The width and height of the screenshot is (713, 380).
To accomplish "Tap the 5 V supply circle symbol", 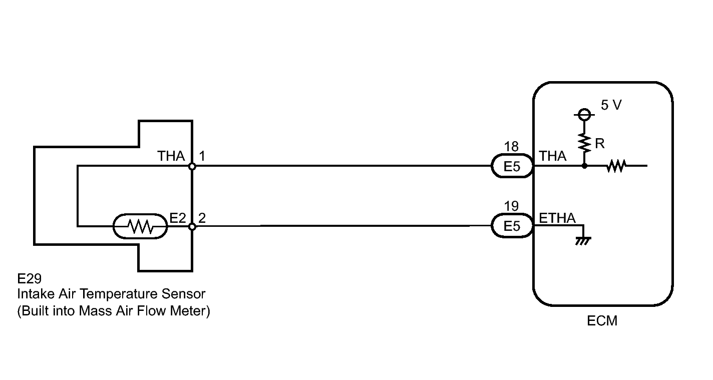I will (583, 116).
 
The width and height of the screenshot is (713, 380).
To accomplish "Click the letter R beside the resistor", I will (599, 144).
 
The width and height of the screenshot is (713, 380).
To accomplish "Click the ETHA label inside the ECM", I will (557, 218).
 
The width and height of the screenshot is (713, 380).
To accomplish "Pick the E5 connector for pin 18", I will (511, 166).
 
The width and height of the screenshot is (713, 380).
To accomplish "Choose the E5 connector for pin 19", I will (511, 226).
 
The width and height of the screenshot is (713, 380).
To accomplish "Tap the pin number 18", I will (511, 147).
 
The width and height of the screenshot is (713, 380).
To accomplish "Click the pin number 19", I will (511, 206).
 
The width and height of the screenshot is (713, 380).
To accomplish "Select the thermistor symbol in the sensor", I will (141, 227).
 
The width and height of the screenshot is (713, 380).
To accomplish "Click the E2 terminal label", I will (178, 218).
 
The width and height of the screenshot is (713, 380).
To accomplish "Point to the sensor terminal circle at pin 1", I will (192, 166).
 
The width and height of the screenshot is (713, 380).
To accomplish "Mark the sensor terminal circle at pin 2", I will (192, 227).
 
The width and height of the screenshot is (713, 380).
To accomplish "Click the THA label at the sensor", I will (171, 156).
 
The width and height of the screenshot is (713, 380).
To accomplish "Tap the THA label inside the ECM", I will (553, 156).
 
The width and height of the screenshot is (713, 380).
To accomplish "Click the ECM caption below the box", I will (602, 321).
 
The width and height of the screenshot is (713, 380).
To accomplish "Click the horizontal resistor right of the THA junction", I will (616, 166).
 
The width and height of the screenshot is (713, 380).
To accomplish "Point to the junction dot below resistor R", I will (584, 165).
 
